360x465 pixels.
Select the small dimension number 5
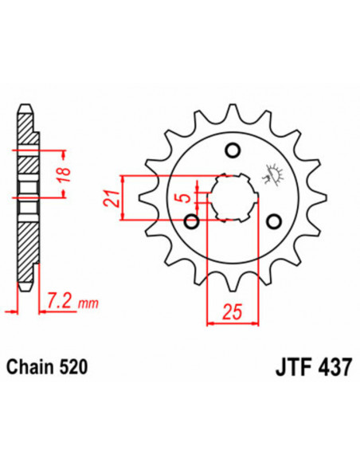pos(184,197)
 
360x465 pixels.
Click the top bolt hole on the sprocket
pos(233,150)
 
